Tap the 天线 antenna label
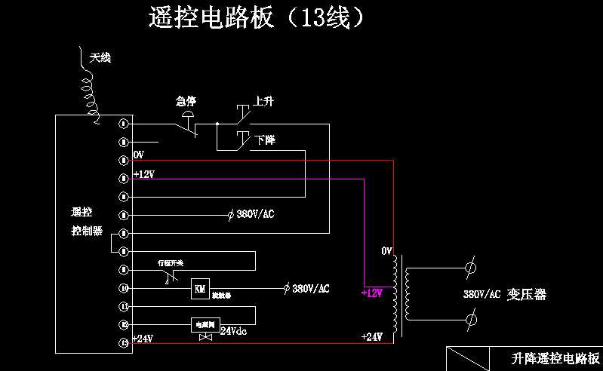(x=100, y=57)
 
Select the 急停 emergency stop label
(x=186, y=101)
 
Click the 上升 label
(x=263, y=100)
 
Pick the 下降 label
(x=264, y=140)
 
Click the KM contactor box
(x=200, y=288)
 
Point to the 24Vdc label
(x=233, y=330)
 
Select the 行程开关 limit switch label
(x=171, y=262)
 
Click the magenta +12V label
(x=372, y=293)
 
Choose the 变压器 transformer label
(x=527, y=294)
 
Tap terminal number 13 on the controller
(x=125, y=343)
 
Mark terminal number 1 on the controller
(x=125, y=123)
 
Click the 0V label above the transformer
(x=387, y=250)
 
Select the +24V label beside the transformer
(x=372, y=336)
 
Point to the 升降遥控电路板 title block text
(x=555, y=358)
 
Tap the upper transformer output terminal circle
(x=469, y=268)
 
